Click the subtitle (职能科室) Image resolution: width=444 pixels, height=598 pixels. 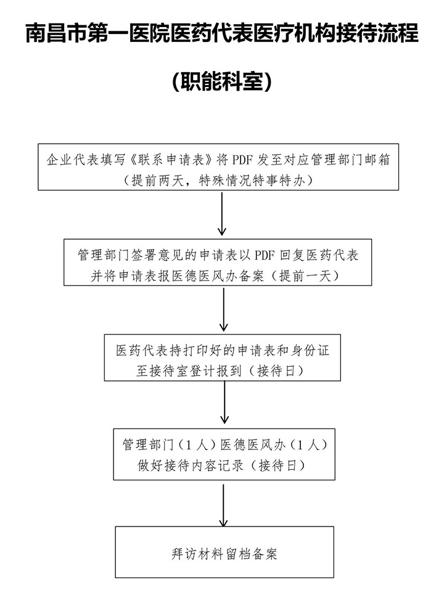pyautogui.click(x=222, y=81)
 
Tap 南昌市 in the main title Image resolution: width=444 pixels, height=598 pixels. pyautogui.click(x=56, y=33)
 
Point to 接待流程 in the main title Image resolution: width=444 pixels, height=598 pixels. pyautogui.click(x=377, y=33)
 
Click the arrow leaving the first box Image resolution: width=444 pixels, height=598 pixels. pyautogui.click(x=222, y=213)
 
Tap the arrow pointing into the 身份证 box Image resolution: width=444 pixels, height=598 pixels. pyautogui.click(x=223, y=309)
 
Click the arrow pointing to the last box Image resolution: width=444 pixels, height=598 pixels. pyautogui.click(x=223, y=506)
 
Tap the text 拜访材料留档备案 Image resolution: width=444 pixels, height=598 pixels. pyautogui.click(x=224, y=554)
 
